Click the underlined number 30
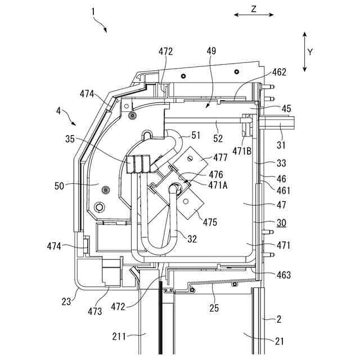coord(281,223)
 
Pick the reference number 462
coord(279,72)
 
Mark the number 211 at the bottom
coord(120,337)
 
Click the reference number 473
coord(95,311)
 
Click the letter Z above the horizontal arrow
coord(254,9)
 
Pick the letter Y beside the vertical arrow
coord(310,52)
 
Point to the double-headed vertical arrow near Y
coord(304,52)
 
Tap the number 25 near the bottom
coord(214,308)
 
